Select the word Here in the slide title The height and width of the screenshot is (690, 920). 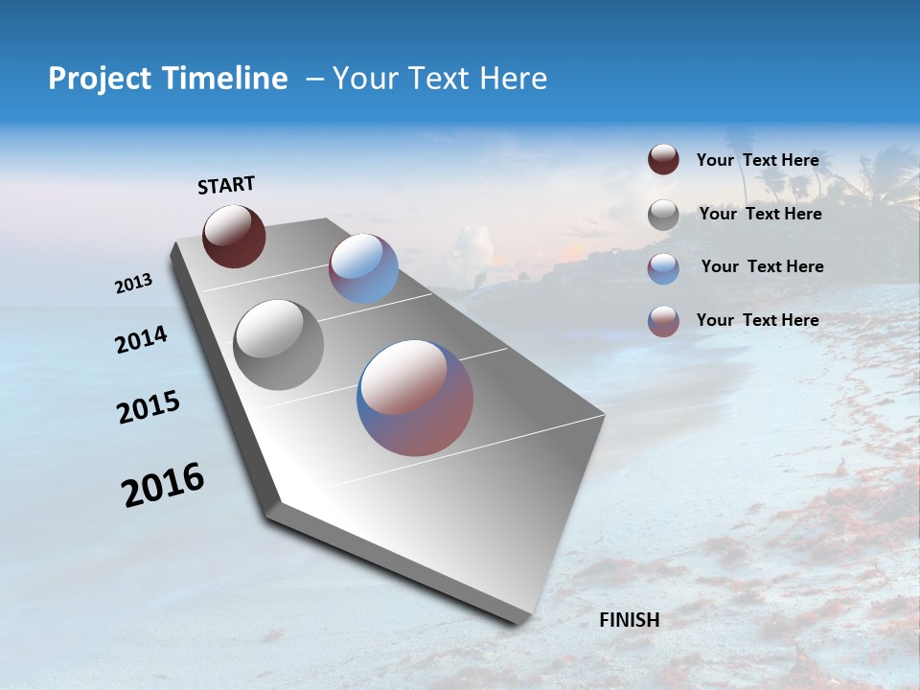tap(513, 79)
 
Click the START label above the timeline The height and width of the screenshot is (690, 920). tap(226, 185)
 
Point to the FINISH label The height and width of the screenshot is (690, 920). tap(630, 620)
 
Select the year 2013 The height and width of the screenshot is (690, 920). tap(133, 284)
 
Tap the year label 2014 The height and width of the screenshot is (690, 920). tap(141, 339)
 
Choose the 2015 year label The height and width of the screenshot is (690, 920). tap(149, 406)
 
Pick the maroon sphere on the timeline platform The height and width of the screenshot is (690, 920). tap(234, 236)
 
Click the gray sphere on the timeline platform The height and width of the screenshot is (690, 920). tap(279, 345)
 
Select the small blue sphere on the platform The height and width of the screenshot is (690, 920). tap(363, 268)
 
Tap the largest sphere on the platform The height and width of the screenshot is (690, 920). tap(415, 398)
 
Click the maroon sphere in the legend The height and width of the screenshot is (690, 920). tap(663, 160)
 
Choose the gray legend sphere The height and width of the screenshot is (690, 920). tap(663, 215)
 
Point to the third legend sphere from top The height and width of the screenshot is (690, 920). tap(663, 268)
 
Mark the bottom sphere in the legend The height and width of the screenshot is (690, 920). tap(663, 321)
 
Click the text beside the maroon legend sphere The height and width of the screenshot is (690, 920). tap(757, 160)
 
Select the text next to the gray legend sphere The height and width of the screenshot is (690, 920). tap(760, 214)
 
